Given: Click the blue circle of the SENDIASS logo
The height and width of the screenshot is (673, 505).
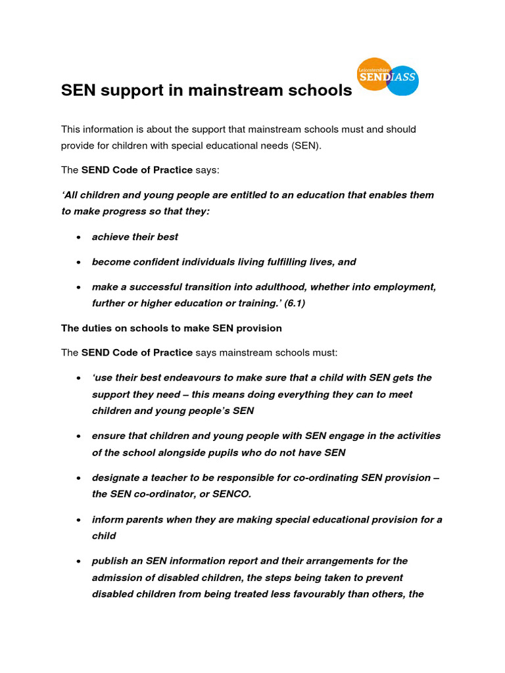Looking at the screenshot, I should click(403, 80).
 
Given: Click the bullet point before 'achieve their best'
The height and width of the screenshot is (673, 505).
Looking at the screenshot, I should click(78, 237).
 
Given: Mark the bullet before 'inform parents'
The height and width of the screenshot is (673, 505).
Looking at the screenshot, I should click(78, 520).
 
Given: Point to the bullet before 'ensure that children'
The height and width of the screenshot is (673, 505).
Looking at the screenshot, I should click(78, 436).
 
